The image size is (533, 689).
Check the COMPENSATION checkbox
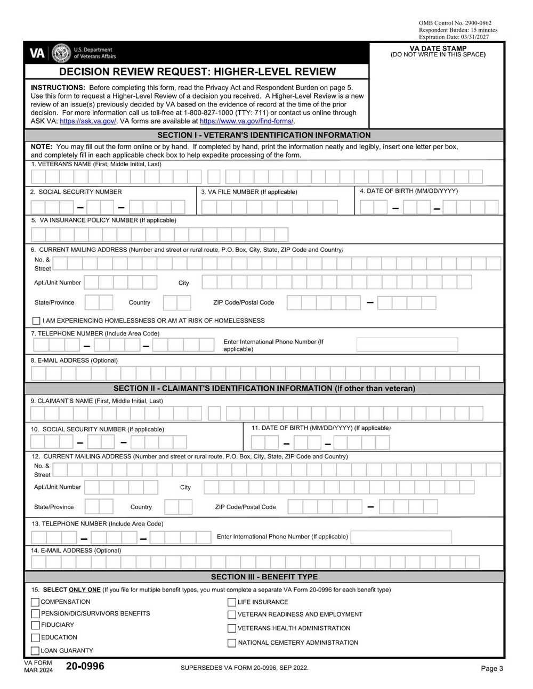point(35,602)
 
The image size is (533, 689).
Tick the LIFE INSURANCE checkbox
point(232,602)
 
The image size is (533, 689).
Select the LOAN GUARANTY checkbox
point(35,651)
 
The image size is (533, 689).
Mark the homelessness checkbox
point(36,321)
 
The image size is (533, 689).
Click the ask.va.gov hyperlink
point(88,121)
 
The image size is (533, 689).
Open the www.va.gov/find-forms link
point(246,121)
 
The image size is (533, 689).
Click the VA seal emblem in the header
point(61,53)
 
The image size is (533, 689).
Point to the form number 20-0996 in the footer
point(85,666)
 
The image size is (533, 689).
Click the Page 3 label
point(491,669)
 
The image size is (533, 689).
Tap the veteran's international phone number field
point(407,345)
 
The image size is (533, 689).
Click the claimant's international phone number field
point(401,537)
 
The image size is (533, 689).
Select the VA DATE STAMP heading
point(438,48)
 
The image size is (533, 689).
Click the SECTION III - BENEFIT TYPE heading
point(264,577)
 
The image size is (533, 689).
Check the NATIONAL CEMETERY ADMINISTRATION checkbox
point(232,643)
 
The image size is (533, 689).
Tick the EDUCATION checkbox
point(35,637)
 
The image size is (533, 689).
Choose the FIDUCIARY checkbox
point(35,625)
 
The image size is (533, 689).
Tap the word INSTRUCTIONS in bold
point(58,88)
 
